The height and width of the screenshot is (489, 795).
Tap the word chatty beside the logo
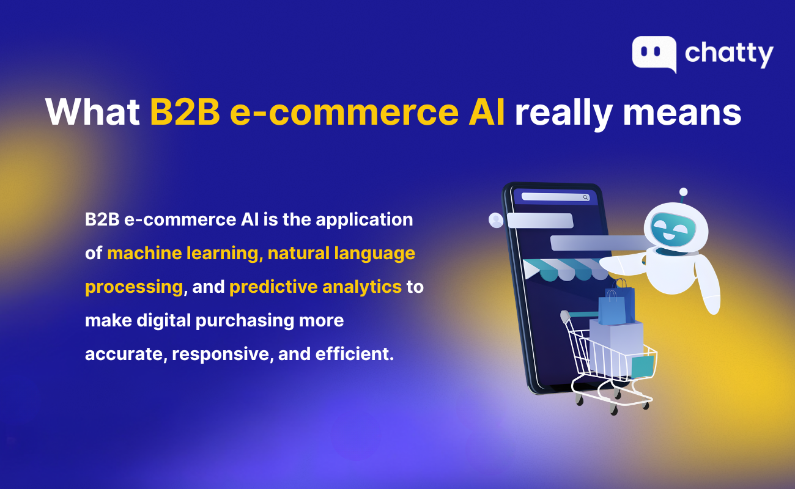point(729,54)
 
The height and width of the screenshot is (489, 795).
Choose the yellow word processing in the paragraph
point(134,287)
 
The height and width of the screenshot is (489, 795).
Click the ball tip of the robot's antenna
point(683,192)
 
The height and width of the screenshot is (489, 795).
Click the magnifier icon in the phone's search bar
point(585,197)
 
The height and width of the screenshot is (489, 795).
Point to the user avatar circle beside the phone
point(495,220)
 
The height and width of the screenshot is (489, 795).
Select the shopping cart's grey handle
point(565,315)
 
